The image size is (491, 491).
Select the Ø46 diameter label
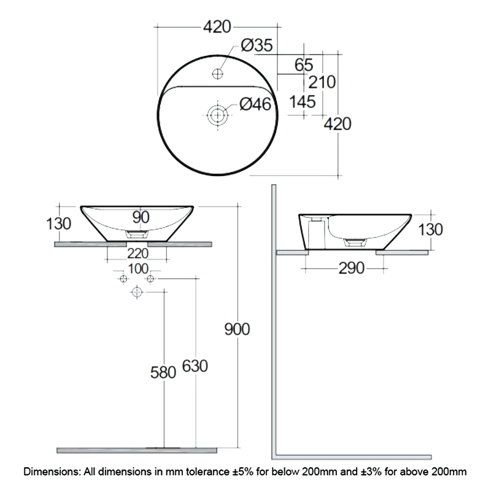(256, 105)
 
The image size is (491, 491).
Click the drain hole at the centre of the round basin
(217, 114)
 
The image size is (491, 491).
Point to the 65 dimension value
(304, 64)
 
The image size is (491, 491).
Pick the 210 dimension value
(322, 82)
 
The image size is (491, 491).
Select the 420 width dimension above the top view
(217, 27)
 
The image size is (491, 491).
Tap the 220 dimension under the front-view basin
(138, 253)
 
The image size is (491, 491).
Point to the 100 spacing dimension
(138, 268)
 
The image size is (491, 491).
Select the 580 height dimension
(163, 371)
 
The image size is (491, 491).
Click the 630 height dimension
(195, 366)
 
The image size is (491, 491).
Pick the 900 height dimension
(237, 330)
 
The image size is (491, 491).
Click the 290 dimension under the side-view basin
(348, 268)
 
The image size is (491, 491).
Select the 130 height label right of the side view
(430, 230)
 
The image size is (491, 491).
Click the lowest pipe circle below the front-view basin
(136, 293)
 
